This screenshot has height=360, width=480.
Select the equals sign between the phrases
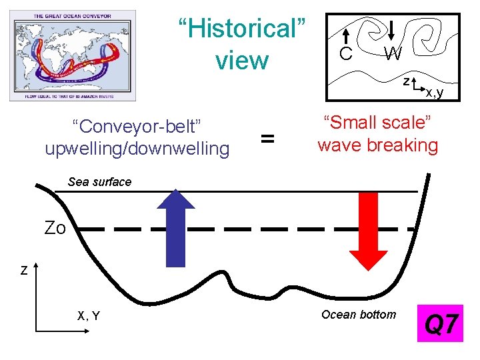pyautogui.click(x=267, y=139)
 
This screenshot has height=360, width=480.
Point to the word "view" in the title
pyautogui.click(x=241, y=61)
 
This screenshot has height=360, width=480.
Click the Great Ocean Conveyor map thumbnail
pyautogui.click(x=73, y=55)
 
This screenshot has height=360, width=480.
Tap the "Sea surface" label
pyautogui.click(x=100, y=182)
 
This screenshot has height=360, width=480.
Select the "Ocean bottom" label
pyautogui.click(x=358, y=315)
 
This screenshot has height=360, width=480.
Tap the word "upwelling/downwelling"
pyautogui.click(x=137, y=147)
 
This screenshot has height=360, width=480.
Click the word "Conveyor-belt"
pyautogui.click(x=137, y=126)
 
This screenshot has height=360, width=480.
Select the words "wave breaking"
pyautogui.click(x=377, y=145)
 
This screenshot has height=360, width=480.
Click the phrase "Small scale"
pyautogui.click(x=377, y=123)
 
